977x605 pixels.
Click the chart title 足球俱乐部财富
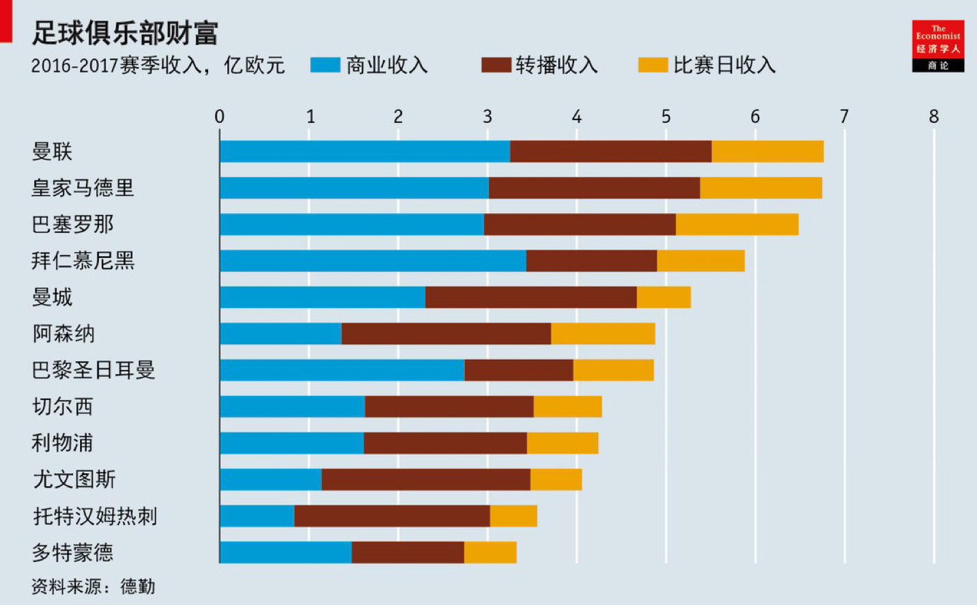(125, 33)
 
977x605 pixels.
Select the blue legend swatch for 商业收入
(325, 65)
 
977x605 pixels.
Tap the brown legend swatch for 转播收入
(496, 65)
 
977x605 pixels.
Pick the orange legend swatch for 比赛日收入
(653, 65)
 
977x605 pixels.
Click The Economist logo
(937, 46)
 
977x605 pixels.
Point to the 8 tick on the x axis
(933, 117)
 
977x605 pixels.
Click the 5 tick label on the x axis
(666, 117)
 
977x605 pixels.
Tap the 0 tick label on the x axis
(219, 117)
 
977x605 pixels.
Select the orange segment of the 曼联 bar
(767, 152)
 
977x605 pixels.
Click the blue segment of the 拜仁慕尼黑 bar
(373, 261)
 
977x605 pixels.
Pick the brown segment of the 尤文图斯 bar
(425, 479)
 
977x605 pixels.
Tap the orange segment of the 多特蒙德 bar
(490, 552)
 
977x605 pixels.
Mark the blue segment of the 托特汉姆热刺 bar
(257, 516)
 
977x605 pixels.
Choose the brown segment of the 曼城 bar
(530, 297)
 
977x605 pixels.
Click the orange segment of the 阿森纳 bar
(603, 334)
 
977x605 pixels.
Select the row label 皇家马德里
(83, 188)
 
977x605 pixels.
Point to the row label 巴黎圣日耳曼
(94, 370)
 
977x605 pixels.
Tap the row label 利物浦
(62, 443)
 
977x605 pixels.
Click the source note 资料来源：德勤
(93, 587)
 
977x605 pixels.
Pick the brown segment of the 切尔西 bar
(449, 406)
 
